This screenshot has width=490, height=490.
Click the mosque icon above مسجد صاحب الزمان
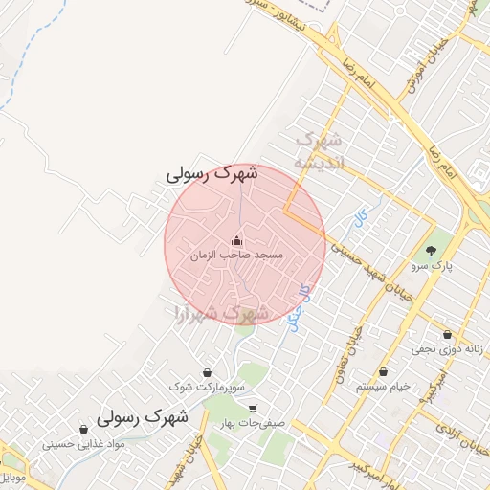tap(236, 240)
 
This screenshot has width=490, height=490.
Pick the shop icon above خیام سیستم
tap(383, 372)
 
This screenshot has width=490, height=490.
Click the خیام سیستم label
tap(383, 386)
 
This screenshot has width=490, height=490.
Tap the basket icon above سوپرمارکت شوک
tap(208, 372)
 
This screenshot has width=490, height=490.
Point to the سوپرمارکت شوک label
tap(207, 387)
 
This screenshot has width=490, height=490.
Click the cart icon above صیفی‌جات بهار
tap(252, 409)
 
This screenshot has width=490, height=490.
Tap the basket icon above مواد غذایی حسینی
tap(82, 430)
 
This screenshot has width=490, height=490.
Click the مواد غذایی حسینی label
tap(82, 444)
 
